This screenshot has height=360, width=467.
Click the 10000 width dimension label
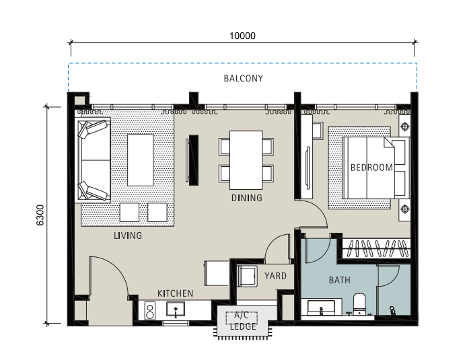[242, 36]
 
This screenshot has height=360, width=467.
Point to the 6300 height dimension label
[40, 215]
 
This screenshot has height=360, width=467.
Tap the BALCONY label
[244, 78]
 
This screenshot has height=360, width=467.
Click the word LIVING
[128, 236]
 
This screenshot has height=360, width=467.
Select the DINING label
[247, 198]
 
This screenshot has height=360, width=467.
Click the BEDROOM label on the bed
[371, 168]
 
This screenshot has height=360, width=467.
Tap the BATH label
[340, 280]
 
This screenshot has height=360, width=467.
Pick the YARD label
[275, 276]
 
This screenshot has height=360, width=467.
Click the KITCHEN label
[175, 293]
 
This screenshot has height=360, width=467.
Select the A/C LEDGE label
[242, 321]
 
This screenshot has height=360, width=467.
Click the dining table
[246, 160]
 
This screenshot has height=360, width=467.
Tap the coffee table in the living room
[140, 160]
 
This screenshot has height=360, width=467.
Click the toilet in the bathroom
[359, 303]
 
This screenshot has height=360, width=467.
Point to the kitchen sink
[176, 309]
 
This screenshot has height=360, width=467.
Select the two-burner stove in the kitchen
[150, 311]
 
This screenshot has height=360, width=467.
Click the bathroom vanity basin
[321, 308]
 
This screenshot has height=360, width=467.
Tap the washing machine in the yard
[247, 277]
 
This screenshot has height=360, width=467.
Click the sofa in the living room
[94, 160]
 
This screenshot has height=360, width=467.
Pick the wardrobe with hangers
[376, 248]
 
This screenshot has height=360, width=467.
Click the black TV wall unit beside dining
[193, 160]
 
